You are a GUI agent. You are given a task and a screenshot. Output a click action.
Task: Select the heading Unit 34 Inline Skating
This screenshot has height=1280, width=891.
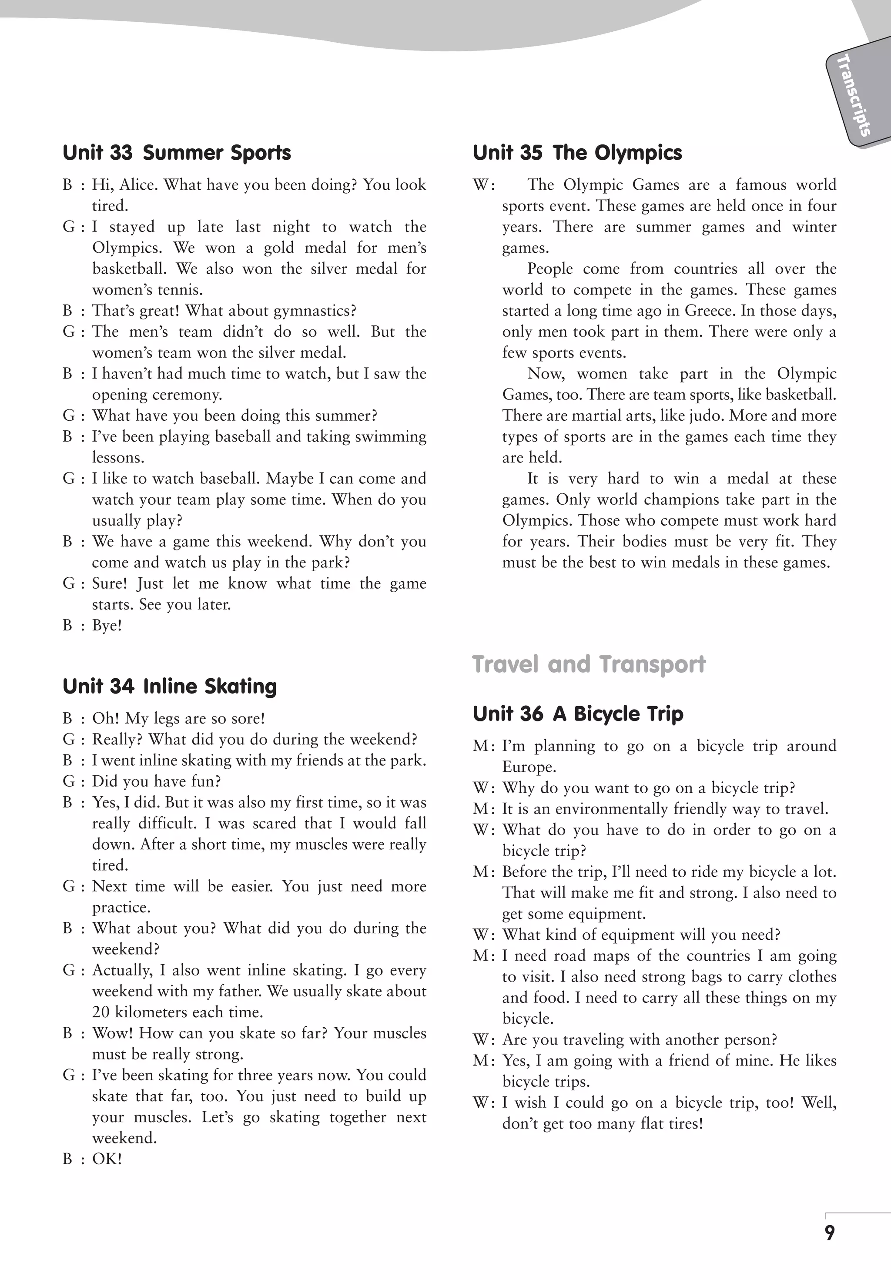click(170, 686)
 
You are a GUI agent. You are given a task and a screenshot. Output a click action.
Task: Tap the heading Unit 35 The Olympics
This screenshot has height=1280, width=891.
click(577, 153)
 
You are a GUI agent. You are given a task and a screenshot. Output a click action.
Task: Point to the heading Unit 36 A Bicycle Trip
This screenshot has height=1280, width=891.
click(578, 714)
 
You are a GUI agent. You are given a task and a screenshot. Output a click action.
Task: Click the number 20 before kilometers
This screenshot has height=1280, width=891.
click(101, 1012)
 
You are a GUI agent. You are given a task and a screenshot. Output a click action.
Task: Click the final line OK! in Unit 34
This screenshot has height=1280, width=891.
click(107, 1159)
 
